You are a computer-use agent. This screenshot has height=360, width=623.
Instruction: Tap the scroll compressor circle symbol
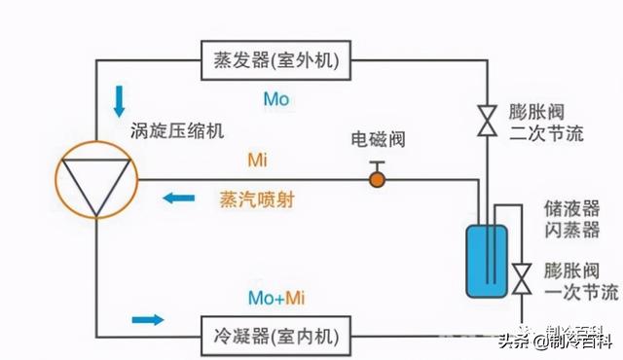click(x=95, y=180)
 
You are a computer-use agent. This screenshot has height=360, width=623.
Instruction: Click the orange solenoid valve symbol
click(x=376, y=179)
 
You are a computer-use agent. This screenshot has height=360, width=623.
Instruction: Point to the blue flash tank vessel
click(x=483, y=260)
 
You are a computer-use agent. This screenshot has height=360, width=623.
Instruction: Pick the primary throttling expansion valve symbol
click(x=522, y=277)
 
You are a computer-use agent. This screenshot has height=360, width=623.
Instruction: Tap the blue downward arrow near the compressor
click(x=120, y=100)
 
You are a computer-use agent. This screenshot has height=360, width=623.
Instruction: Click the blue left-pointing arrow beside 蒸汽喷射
click(x=178, y=198)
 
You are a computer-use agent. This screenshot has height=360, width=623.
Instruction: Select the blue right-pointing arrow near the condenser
click(x=147, y=318)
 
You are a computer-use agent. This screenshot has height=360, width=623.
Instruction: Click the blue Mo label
click(x=276, y=98)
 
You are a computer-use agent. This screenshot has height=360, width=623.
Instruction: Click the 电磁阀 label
click(x=375, y=141)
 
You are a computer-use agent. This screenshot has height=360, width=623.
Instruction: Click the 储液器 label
click(x=566, y=209)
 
